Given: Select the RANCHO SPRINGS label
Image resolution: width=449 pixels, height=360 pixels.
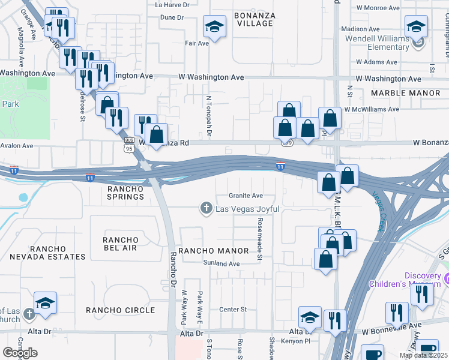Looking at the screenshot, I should [125, 193].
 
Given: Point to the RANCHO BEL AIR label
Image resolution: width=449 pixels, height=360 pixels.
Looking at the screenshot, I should [121, 245].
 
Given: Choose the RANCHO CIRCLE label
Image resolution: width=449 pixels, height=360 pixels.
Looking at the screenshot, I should [120, 310].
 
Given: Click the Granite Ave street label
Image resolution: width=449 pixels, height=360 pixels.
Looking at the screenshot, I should [246, 196].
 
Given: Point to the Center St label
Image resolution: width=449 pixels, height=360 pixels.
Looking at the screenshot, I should [233, 310].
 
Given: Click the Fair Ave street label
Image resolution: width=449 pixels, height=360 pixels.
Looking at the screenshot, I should [196, 43].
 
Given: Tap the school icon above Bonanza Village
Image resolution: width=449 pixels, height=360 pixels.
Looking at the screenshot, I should [214, 27].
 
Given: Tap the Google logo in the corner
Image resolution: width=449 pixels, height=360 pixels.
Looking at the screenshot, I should [20, 353].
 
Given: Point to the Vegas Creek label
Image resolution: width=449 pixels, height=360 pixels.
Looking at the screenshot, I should [379, 212].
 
